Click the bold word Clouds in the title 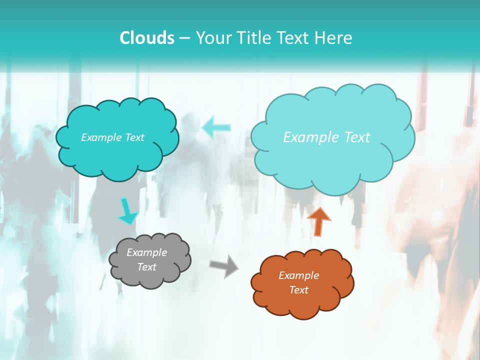146,38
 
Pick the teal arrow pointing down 127,212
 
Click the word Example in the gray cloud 146,252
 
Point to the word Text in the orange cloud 298,290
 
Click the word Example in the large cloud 306,137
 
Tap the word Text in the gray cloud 146,267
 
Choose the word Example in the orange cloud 298,275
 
